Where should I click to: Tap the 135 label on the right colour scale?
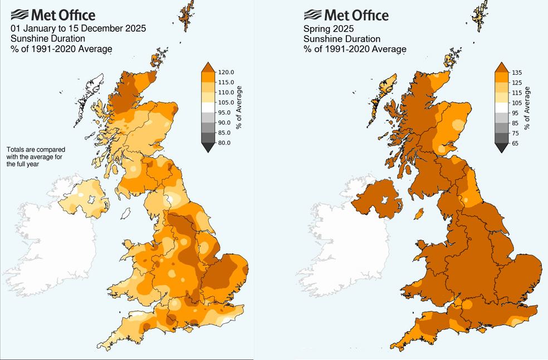pos(517,72)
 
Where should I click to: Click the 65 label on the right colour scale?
pos(515,143)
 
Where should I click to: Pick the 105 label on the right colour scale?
pos(517,103)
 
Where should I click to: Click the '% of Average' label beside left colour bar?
pos(238,108)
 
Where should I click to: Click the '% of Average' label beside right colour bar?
pos(527,108)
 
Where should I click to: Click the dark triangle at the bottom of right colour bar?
pos(501,148)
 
